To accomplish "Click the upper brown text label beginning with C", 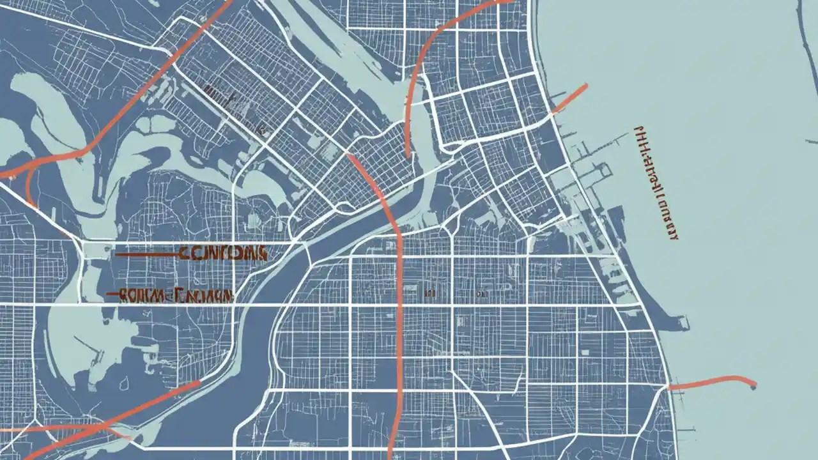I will click(x=222, y=253).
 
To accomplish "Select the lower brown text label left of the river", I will click(x=176, y=296).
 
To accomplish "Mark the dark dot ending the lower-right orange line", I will click(x=754, y=385).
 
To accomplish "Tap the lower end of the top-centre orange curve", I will click(x=407, y=154).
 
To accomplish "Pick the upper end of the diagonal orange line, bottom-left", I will click(x=198, y=383).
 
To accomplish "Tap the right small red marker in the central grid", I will click(x=480, y=293).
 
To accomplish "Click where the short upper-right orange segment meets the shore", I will click(x=553, y=112).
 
